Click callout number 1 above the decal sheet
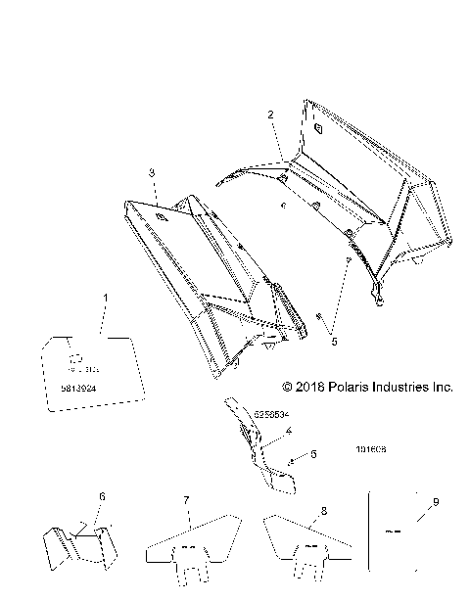click(x=107, y=296)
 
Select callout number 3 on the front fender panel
click(x=152, y=172)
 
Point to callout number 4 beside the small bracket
click(x=261, y=430)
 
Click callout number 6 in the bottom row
click(x=101, y=497)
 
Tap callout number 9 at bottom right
click(x=436, y=501)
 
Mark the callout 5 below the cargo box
click(x=334, y=343)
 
